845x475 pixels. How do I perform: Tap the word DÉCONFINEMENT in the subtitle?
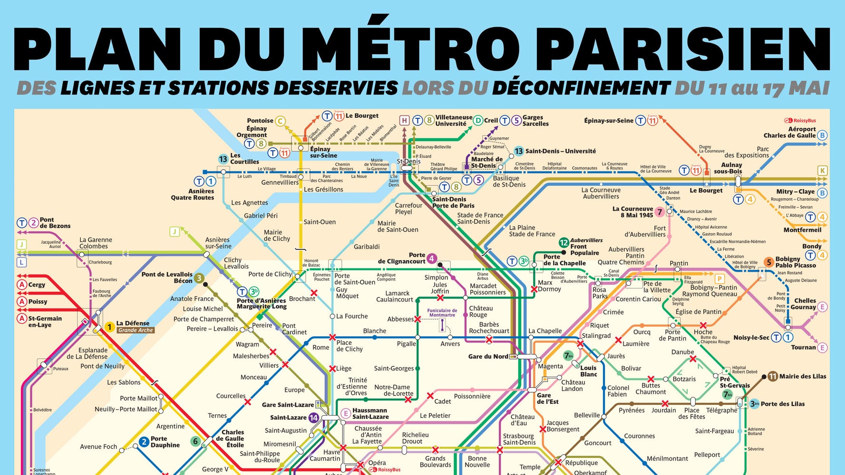click(x=581, y=88)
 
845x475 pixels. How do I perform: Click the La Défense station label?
click(x=133, y=323)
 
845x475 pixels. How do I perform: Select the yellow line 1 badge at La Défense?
click(x=109, y=327)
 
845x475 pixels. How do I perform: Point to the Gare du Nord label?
click(x=488, y=356)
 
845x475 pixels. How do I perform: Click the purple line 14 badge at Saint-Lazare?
click(x=313, y=418)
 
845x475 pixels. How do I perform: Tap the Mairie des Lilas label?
click(x=803, y=376)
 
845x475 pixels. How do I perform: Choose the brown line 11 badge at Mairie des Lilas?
click(x=773, y=376)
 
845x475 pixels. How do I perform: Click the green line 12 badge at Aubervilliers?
click(x=563, y=243)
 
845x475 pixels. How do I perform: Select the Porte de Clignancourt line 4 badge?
click(x=431, y=258)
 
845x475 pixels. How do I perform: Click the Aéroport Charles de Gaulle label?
click(x=790, y=132)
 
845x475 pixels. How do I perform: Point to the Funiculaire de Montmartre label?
click(x=442, y=313)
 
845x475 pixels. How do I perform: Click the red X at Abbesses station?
click(x=418, y=319)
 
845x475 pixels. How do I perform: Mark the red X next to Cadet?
click(x=430, y=396)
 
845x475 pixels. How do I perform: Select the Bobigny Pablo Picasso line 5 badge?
click(x=768, y=262)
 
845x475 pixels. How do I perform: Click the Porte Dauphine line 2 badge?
click(x=144, y=442)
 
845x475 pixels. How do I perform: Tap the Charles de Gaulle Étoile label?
click(x=232, y=438)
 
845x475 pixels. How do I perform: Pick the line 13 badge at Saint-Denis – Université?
click(x=518, y=151)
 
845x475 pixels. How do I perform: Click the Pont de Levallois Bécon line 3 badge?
click(x=199, y=278)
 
